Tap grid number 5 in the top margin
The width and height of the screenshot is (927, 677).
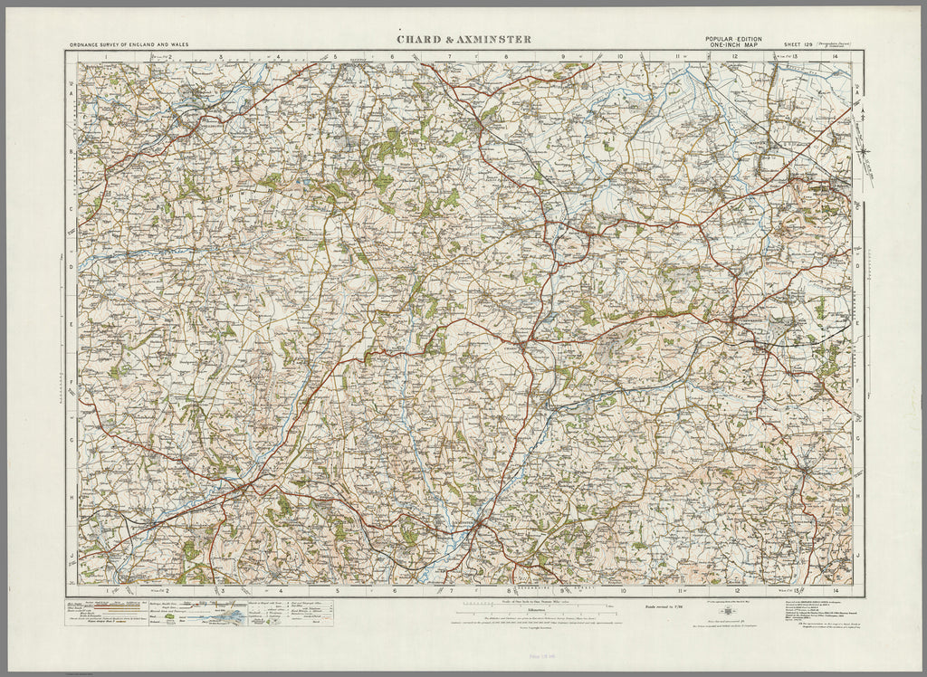(x=335, y=56)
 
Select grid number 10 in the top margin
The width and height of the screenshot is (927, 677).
(x=620, y=56)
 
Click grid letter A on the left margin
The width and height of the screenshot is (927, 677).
(x=71, y=92)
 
